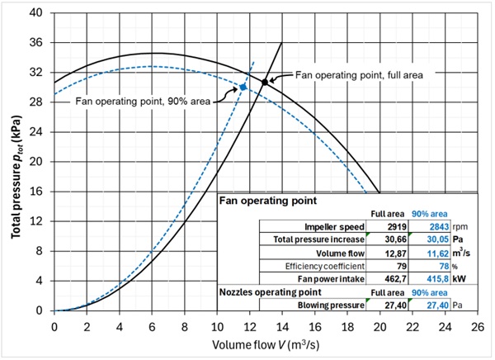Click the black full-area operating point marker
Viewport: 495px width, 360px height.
tap(265, 83)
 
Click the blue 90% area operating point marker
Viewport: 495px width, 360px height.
tap(243, 87)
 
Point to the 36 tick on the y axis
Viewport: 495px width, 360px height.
tap(38, 43)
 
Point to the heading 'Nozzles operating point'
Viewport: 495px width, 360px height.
tap(268, 292)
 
